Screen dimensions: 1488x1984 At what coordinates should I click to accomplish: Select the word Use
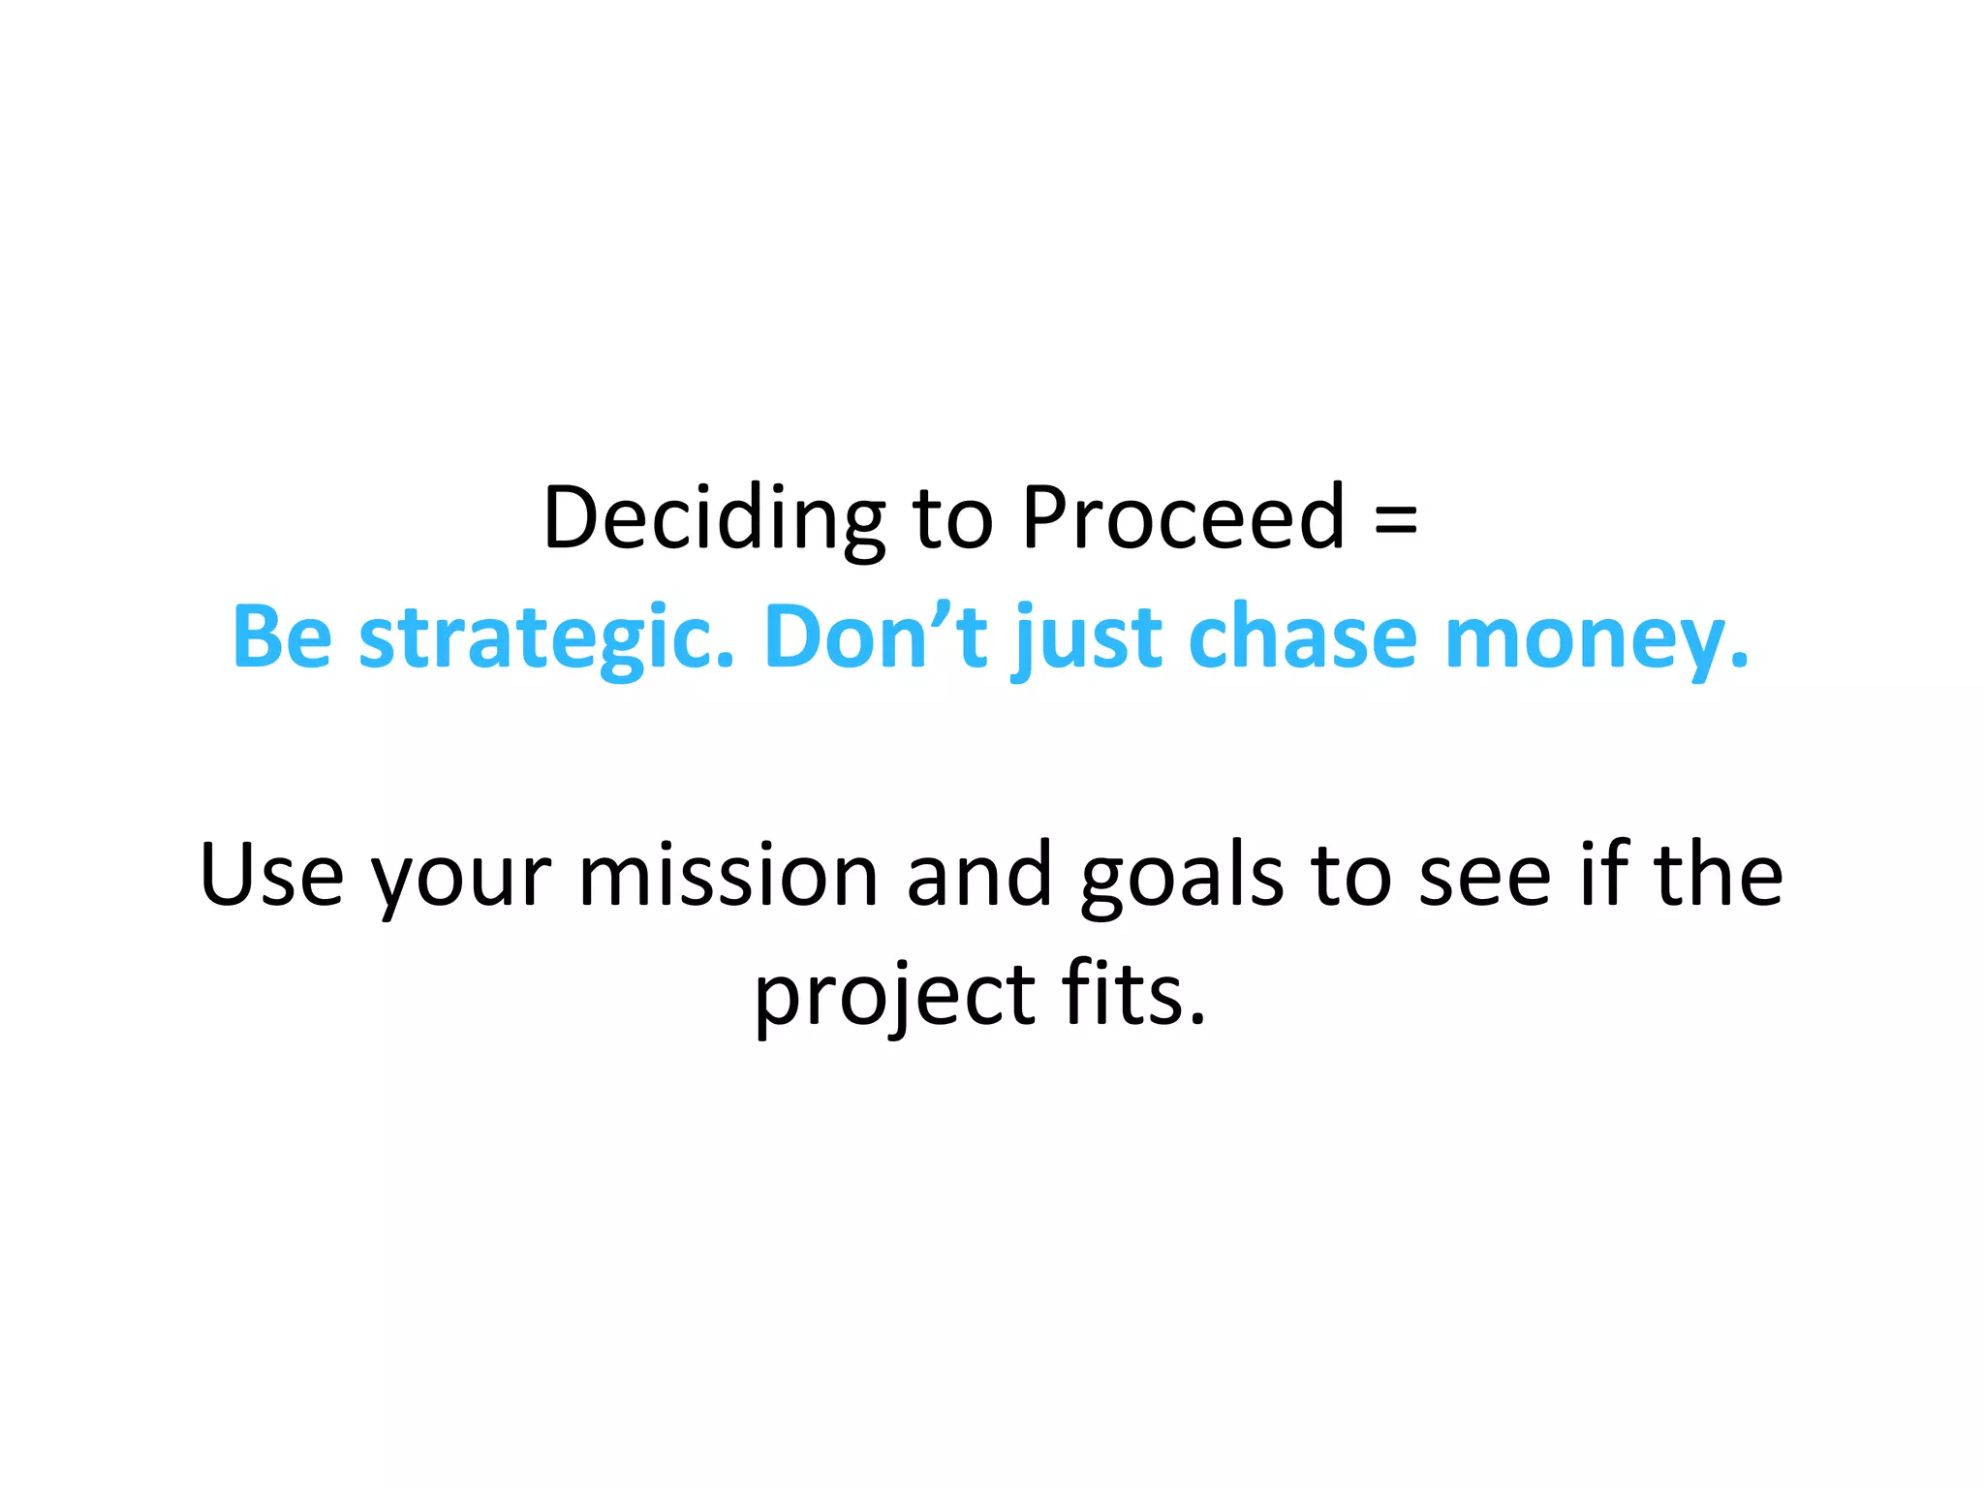tap(271, 875)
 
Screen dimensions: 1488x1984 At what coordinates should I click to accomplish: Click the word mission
tap(728, 875)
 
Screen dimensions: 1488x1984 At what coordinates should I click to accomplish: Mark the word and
tap(978, 875)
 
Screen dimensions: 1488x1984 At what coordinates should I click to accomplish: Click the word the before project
tap(1717, 875)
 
